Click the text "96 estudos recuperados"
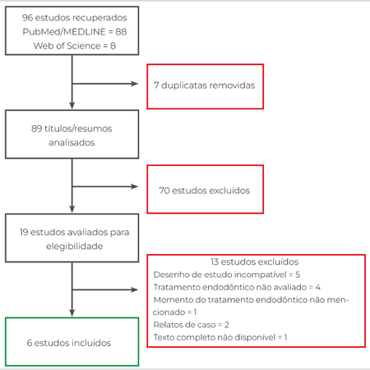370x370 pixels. pos(72,17)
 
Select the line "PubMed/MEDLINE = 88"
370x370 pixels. pos(72,31)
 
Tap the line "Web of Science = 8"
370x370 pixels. pos(72,45)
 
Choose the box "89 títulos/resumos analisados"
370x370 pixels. pos(72,135)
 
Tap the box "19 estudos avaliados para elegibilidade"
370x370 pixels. pos(72,239)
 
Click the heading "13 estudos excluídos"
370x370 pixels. pos(254,260)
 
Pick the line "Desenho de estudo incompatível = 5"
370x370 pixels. pos(226,273)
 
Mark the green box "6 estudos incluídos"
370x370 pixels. pos(72,341)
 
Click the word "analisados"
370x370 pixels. pos(72,142)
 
